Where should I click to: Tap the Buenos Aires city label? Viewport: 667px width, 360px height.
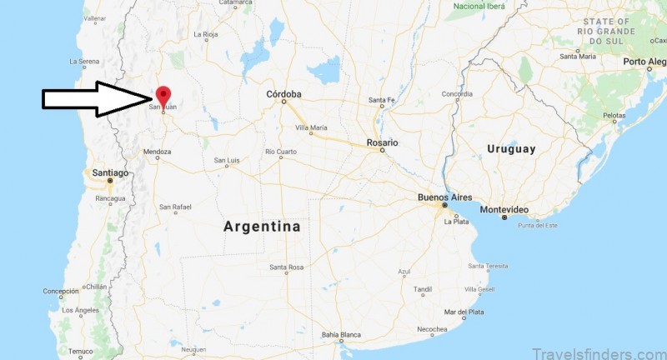point(444,197)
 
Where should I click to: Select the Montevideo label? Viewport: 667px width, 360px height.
point(505,208)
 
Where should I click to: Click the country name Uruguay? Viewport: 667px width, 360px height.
point(512,149)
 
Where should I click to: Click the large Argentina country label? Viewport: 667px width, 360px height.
point(262,226)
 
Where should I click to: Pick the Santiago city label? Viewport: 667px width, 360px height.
point(110,172)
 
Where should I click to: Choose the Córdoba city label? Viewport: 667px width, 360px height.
point(283,94)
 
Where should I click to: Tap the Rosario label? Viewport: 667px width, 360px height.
point(382,142)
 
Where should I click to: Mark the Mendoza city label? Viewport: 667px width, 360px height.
point(157,152)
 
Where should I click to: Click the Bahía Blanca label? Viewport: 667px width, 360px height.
point(340,335)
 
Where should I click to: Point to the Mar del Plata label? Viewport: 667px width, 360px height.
point(464,312)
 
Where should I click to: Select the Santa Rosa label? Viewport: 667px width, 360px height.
point(285,267)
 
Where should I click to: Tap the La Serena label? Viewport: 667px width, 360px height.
point(84,61)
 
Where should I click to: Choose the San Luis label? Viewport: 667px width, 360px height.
point(227,160)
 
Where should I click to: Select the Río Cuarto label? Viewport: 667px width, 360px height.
point(280,152)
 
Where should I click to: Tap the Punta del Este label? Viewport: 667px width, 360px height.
point(538,226)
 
